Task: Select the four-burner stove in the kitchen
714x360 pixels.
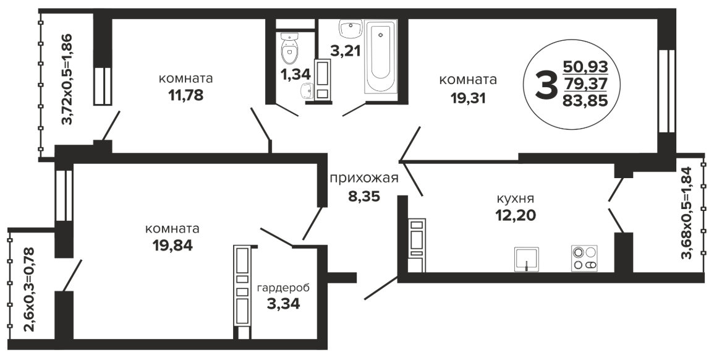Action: pyautogui.click(x=584, y=259)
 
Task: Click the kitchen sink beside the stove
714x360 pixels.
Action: pyautogui.click(x=527, y=259)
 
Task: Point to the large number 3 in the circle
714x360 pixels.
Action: pyautogui.click(x=545, y=84)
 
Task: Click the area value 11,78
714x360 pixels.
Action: pyautogui.click(x=185, y=95)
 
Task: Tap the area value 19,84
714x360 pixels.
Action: pyautogui.click(x=173, y=245)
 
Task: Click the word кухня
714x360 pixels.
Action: pyautogui.click(x=515, y=199)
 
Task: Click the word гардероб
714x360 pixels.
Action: pyautogui.click(x=283, y=288)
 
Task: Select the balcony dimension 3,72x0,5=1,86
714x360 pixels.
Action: pyautogui.click(x=67, y=79)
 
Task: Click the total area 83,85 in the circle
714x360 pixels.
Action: pyautogui.click(x=585, y=100)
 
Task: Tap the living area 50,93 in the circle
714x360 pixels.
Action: pyautogui.click(x=585, y=67)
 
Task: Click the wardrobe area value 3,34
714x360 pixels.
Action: pyautogui.click(x=283, y=304)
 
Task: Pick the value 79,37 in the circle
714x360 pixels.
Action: pyautogui.click(x=585, y=84)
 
